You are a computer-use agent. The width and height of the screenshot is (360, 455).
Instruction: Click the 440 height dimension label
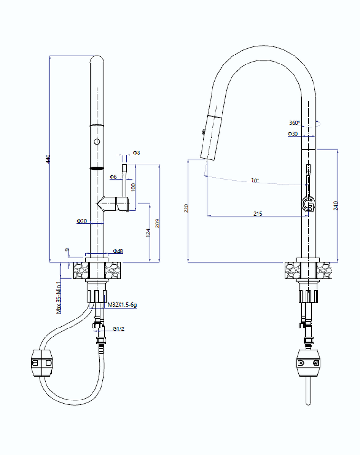(x=47, y=159)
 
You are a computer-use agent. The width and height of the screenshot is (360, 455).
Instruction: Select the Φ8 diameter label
(x=136, y=153)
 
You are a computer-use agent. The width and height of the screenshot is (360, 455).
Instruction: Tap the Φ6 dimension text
(x=113, y=177)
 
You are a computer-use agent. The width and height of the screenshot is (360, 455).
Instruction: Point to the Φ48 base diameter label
(x=118, y=251)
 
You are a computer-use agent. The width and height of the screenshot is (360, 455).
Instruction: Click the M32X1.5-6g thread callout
(x=122, y=305)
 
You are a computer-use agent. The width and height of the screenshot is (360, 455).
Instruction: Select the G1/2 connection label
(x=119, y=329)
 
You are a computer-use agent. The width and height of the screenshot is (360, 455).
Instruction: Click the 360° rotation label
(x=294, y=123)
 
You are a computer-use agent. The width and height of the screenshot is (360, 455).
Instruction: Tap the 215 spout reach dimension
(x=258, y=214)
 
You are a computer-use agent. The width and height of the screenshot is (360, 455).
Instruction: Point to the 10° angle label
(x=255, y=181)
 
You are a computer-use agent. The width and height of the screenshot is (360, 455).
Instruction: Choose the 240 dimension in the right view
(x=335, y=205)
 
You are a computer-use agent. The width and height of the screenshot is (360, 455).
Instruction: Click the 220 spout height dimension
(x=186, y=208)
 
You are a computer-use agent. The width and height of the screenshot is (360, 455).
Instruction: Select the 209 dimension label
(x=157, y=223)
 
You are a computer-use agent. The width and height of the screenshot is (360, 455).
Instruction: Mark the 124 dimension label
(x=148, y=233)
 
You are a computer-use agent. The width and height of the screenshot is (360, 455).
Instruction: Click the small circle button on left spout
(x=97, y=142)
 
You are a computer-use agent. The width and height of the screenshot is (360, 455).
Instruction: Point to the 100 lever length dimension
(x=133, y=187)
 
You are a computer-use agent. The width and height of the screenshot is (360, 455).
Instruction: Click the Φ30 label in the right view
(x=293, y=134)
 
